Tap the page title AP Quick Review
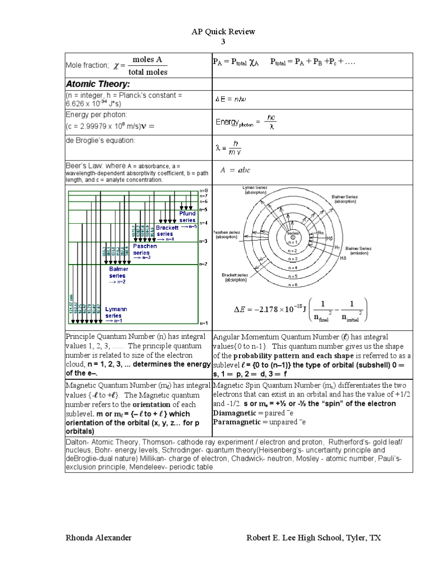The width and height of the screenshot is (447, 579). click(223, 32)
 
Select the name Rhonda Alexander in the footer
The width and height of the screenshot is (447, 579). click(98, 538)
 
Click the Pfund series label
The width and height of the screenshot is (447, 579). click(187, 217)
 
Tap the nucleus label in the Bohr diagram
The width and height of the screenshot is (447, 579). click(293, 233)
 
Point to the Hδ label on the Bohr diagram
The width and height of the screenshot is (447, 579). click(343, 258)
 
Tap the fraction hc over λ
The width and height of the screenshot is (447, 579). click(271, 123)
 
